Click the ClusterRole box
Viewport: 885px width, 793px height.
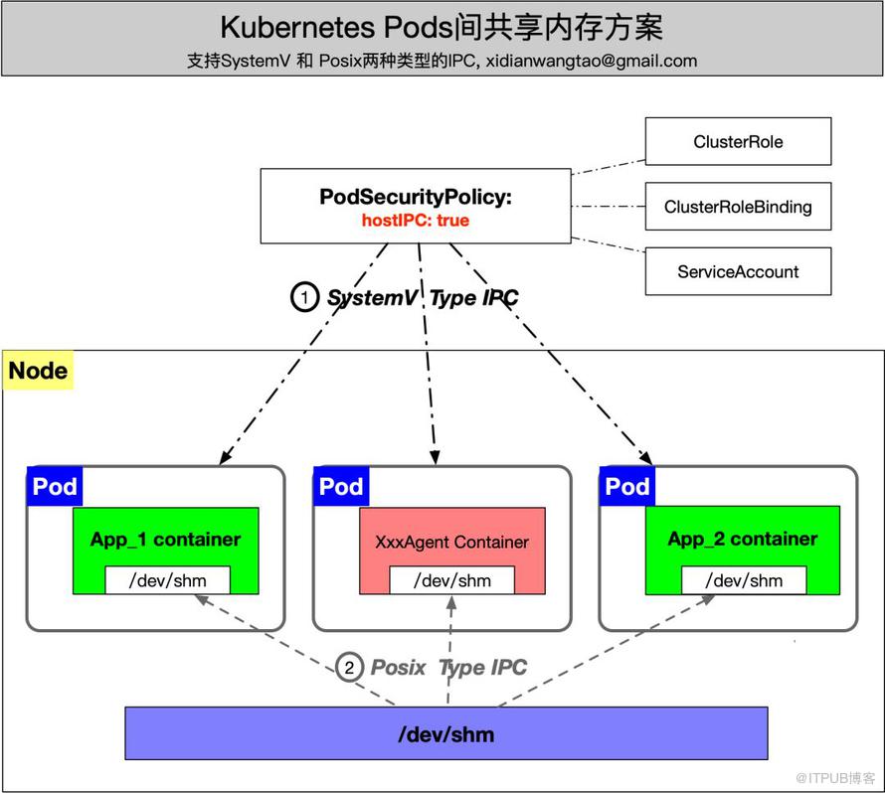tap(738, 141)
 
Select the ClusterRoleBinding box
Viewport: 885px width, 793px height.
tap(738, 207)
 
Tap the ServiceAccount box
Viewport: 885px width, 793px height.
tap(738, 271)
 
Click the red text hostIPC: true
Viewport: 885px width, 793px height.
tap(416, 220)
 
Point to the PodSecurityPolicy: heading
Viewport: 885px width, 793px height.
tap(416, 197)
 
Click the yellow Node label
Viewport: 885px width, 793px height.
tap(39, 372)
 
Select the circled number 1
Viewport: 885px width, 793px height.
tap(304, 297)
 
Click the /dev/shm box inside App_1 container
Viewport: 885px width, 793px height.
tap(167, 580)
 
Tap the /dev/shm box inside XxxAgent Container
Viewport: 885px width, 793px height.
tap(451, 580)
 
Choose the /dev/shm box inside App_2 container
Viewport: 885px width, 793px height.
tap(744, 580)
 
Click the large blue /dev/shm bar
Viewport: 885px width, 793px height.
tap(445, 734)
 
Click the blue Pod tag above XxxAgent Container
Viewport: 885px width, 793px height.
tap(341, 487)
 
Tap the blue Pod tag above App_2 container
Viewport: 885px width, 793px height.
tap(627, 487)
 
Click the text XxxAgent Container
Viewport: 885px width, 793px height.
tap(451, 542)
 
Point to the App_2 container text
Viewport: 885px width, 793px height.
tap(743, 539)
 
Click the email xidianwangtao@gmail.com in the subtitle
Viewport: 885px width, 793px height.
tap(591, 60)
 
